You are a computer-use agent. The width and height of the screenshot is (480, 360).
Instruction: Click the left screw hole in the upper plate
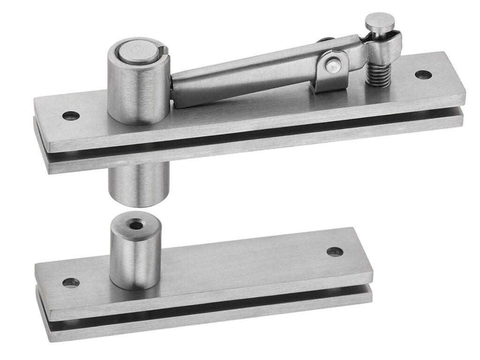point(71,115)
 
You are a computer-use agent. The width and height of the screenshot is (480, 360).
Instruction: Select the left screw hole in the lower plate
point(70,282)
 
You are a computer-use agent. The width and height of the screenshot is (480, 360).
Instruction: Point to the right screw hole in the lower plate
point(334,252)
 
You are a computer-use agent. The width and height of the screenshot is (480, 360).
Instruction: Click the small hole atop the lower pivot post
point(136,225)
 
